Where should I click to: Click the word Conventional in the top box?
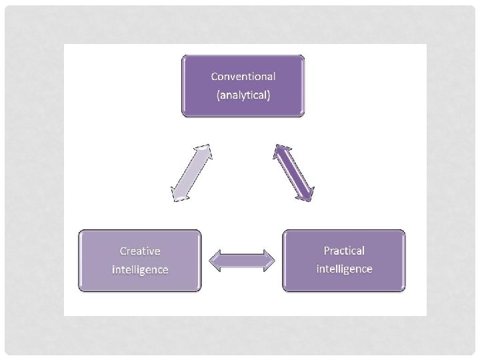[243, 76]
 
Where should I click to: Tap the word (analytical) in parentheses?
[243, 95]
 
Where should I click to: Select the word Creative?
[140, 251]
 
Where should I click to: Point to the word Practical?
[344, 251]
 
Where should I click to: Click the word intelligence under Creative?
[140, 269]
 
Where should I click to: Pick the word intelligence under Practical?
[344, 269]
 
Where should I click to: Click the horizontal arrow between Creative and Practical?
[242, 261]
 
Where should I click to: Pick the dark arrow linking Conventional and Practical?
[293, 172]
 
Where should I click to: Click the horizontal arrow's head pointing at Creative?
[215, 261]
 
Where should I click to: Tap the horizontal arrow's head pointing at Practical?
[269, 261]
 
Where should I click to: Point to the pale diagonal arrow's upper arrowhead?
[206, 149]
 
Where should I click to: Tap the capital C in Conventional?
[215, 76]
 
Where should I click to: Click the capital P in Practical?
[327, 251]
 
